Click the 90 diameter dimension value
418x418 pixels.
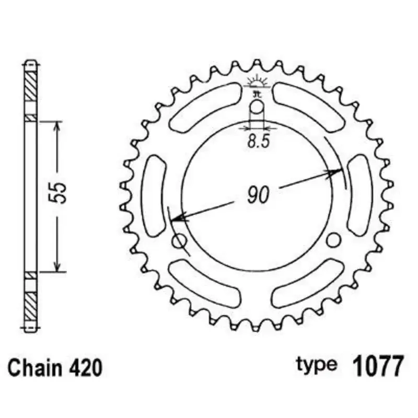click(257, 195)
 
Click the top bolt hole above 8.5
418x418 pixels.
click(258, 108)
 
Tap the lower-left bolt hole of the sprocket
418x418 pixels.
click(180, 241)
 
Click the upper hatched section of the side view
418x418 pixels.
click(31, 85)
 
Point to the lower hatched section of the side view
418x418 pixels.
click(31, 303)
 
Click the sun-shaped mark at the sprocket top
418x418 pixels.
click(257, 81)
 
